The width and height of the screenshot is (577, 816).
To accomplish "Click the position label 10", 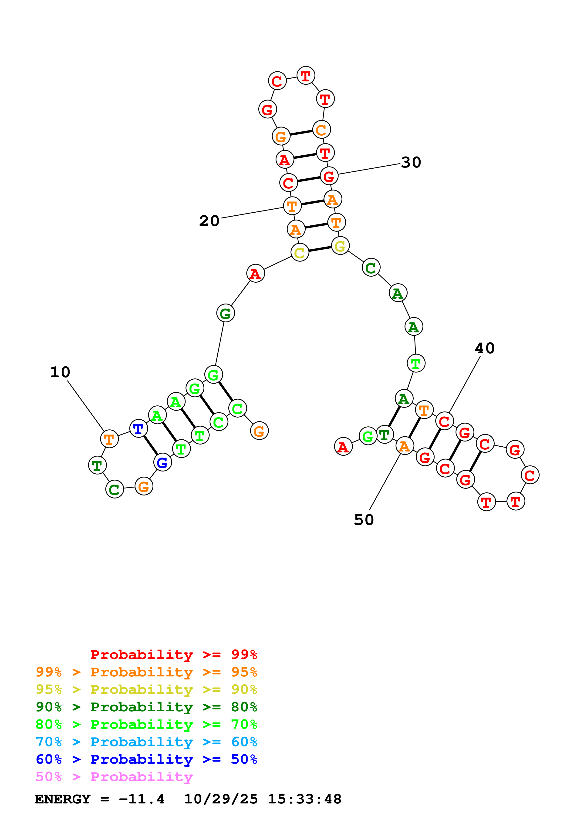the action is (x=60, y=372).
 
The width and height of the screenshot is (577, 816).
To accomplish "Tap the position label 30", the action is (x=411, y=162).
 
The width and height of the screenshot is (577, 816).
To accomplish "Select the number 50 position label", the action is (x=364, y=520).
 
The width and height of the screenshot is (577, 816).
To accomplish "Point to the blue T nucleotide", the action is (x=138, y=429).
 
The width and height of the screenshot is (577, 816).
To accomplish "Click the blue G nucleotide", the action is (x=162, y=462).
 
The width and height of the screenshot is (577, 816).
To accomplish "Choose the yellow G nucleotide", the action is (x=340, y=246).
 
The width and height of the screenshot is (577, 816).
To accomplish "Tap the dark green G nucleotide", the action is (x=225, y=313).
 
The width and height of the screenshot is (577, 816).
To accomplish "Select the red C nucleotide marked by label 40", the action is (x=444, y=421).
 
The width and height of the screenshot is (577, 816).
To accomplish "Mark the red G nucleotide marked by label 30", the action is (x=329, y=176).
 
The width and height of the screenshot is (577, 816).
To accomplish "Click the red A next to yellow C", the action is (x=255, y=273).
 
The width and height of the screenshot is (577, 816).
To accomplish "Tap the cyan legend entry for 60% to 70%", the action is (x=146, y=742).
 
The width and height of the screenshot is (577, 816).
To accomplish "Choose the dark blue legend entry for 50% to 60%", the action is (x=146, y=759).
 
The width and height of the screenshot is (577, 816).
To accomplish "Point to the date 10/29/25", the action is (x=221, y=799).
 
